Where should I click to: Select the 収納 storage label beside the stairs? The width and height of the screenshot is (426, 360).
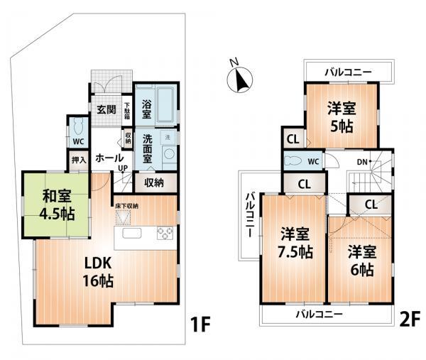coord(155,182)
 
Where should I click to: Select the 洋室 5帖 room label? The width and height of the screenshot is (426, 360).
coord(342,118)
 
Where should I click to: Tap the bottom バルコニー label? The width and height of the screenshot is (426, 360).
coord(319,313)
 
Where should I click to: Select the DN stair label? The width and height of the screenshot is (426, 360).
coord(362,163)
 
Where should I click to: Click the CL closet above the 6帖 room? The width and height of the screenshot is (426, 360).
coord(371,205)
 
